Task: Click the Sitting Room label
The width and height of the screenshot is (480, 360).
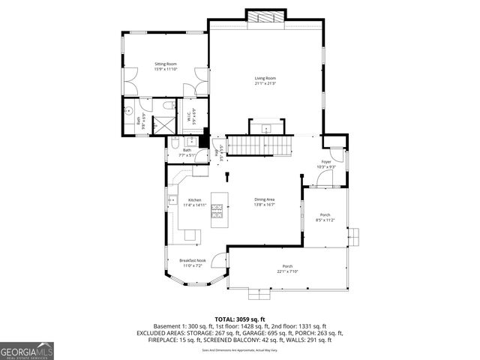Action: tap(165, 65)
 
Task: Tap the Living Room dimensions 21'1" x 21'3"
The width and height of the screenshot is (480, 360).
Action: tap(265, 83)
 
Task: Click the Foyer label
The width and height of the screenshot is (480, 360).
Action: tap(326, 162)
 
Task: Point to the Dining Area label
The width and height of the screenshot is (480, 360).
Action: tap(265, 199)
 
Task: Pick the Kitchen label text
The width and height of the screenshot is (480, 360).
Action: tap(195, 199)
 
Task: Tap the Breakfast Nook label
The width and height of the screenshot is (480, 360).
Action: tap(192, 260)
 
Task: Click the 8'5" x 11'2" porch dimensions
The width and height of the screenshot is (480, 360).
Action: tap(323, 220)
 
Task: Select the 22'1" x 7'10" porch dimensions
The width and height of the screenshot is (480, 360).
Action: tap(287, 271)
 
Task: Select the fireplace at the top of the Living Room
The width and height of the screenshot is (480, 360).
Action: tap(265, 17)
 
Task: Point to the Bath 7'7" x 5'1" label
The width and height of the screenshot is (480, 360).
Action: tap(187, 152)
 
